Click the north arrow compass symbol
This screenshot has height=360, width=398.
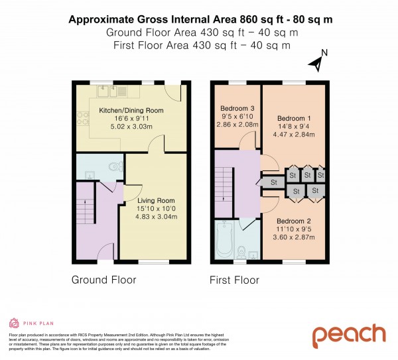pyautogui.click(x=317, y=61)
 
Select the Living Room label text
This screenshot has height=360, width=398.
pyautogui.click(x=156, y=201)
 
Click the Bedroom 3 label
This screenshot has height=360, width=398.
pyautogui.click(x=237, y=108)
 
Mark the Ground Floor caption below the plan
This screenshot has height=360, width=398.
pyautogui.click(x=103, y=280)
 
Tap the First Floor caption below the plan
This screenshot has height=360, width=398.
pyautogui.click(x=234, y=280)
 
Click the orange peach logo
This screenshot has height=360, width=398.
pyautogui.click(x=348, y=335)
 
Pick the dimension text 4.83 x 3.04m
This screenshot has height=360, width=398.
pyautogui.click(x=156, y=217)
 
